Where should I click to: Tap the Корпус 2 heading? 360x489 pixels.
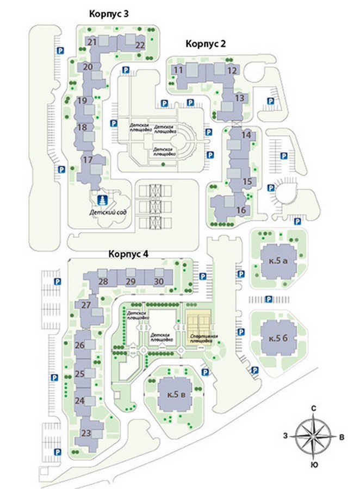tap(205, 44)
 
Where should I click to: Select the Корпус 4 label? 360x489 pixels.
tap(129, 254)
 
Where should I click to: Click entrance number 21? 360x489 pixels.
tap(92, 41)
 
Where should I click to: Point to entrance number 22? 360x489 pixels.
tap(140, 45)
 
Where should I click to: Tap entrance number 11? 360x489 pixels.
tap(178, 70)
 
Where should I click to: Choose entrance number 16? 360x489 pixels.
tap(241, 210)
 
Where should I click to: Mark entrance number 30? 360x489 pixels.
tap(159, 281)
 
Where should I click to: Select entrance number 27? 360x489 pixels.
tap(86, 305)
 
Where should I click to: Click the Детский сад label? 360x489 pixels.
tap(109, 211)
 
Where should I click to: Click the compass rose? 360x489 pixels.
tap(314, 435)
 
